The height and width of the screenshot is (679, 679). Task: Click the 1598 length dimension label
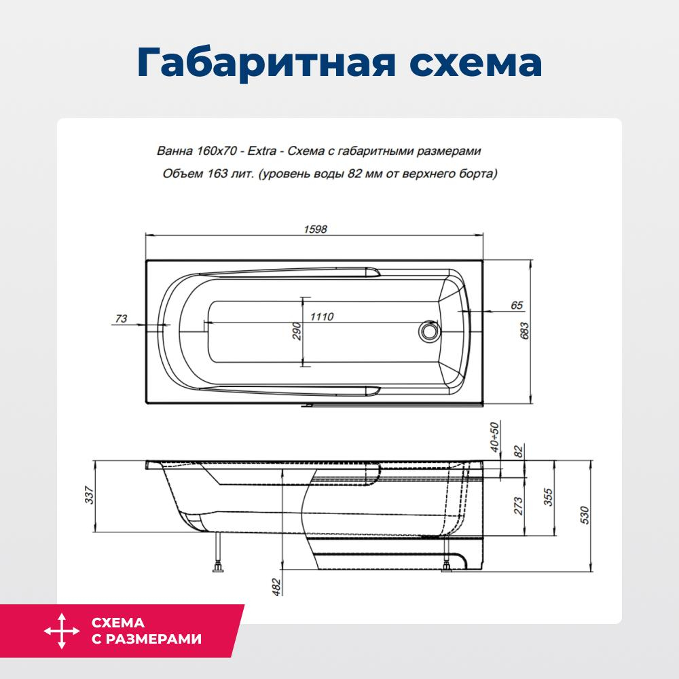316,230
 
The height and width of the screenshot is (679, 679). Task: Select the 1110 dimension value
322,316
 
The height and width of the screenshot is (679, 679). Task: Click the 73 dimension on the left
122,318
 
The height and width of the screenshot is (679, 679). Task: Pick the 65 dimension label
516,306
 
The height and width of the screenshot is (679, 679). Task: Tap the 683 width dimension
524,331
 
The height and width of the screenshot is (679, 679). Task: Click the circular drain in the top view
428,331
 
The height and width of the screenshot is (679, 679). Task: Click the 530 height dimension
585,516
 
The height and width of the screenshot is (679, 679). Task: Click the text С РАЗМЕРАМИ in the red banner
146,639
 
